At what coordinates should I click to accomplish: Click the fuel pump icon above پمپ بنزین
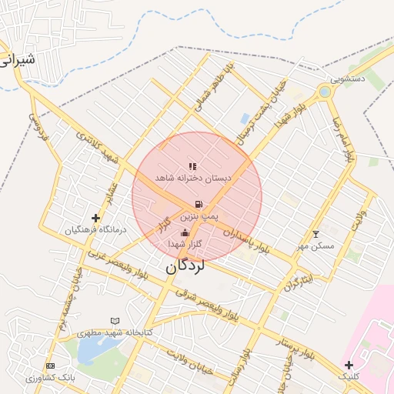(199, 204)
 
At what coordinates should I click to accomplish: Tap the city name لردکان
(185, 267)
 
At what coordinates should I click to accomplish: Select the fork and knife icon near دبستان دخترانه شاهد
(192, 165)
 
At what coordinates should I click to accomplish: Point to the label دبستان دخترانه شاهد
(193, 177)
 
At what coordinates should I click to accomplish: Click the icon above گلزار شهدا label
(184, 232)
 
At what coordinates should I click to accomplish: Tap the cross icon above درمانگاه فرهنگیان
(95, 219)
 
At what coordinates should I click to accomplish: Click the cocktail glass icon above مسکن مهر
(315, 234)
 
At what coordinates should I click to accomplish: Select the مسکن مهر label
(316, 245)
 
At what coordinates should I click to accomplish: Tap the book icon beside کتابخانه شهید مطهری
(115, 321)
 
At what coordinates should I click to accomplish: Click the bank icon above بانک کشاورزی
(51, 366)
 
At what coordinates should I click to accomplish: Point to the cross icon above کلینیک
(349, 364)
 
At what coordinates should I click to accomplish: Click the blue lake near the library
(91, 350)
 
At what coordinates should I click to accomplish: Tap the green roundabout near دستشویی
(325, 92)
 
